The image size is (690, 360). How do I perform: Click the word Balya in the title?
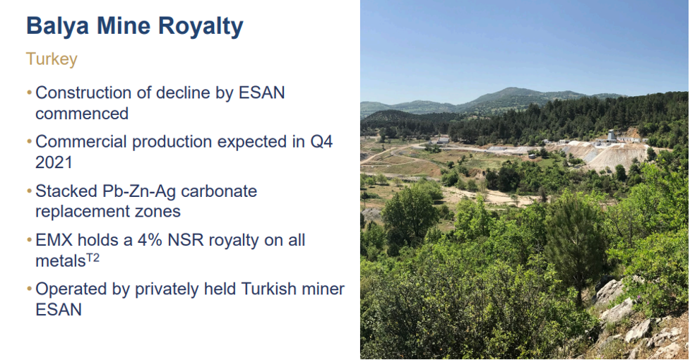click(58, 27)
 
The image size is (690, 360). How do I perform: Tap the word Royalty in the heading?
click(201, 27)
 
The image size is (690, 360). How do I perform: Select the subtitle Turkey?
click(52, 59)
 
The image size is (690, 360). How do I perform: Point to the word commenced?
click(82, 114)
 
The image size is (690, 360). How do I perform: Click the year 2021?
click(54, 162)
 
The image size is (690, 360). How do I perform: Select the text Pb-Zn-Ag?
click(139, 191)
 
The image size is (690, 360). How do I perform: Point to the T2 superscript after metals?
click(93, 258)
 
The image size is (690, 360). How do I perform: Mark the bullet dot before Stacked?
click(30, 191)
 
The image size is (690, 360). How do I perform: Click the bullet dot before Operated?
click(30, 289)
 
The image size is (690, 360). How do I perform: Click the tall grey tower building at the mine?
click(611, 135)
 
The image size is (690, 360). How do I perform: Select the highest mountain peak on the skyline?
click(511, 89)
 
